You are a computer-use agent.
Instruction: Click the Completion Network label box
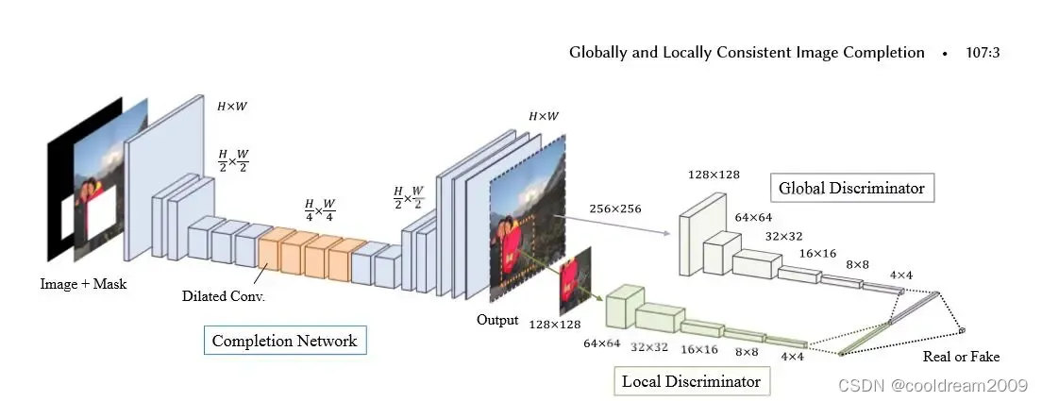click(284, 341)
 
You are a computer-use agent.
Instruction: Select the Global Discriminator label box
click(851, 188)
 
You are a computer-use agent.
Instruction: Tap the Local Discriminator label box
click(692, 381)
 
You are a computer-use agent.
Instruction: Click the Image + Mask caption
click(83, 283)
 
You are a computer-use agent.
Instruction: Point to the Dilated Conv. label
click(224, 295)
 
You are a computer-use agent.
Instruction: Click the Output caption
click(497, 320)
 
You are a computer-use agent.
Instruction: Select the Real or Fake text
click(962, 357)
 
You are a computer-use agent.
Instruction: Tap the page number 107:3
click(983, 53)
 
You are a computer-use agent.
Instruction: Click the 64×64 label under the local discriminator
click(602, 343)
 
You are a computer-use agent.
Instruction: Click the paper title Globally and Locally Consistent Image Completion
click(747, 53)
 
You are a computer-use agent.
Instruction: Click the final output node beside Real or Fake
click(963, 330)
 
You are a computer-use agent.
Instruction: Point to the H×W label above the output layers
click(544, 116)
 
